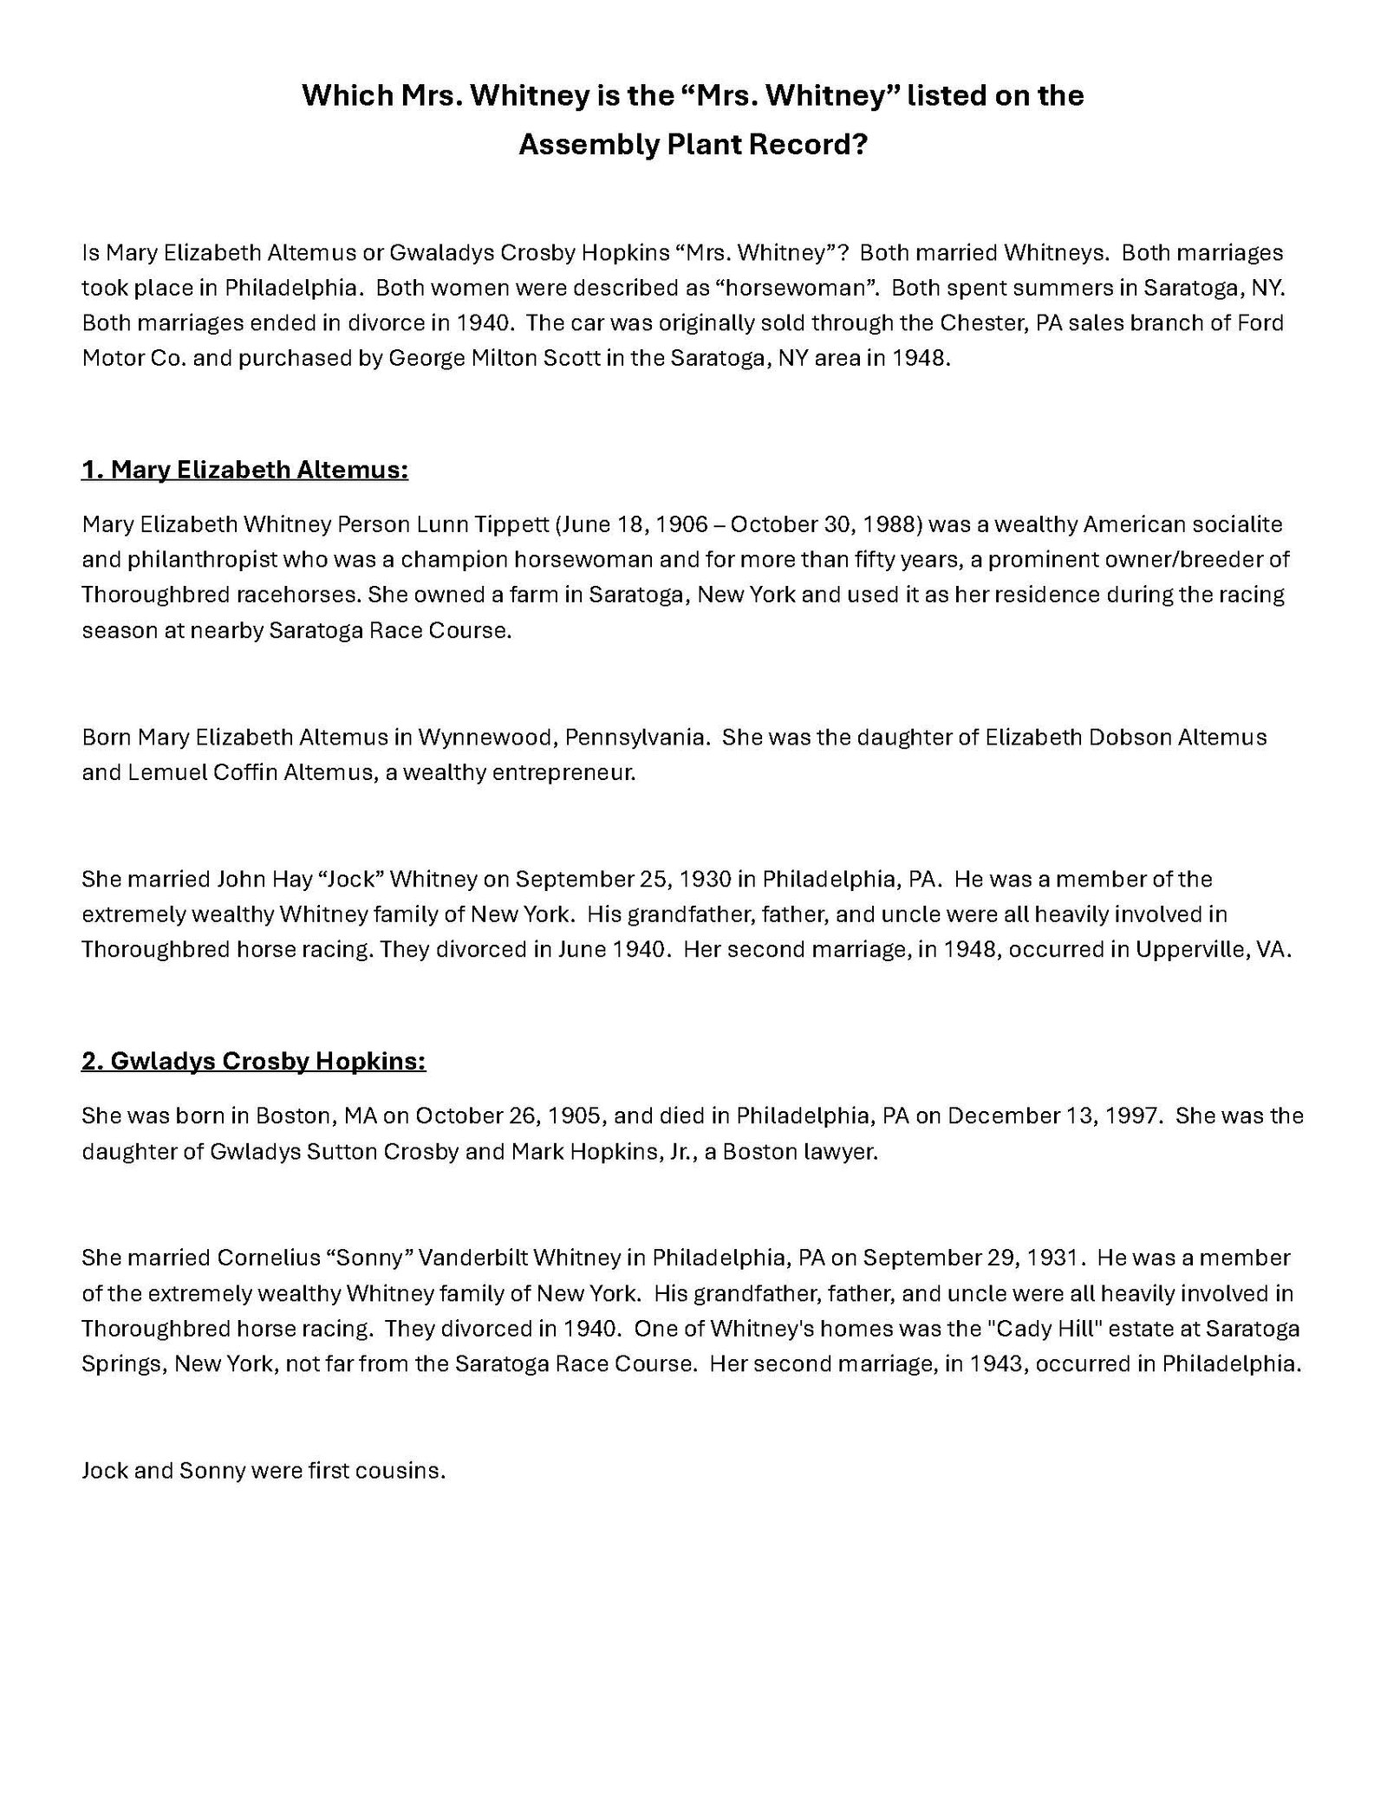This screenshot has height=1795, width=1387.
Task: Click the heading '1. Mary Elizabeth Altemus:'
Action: pos(244,470)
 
